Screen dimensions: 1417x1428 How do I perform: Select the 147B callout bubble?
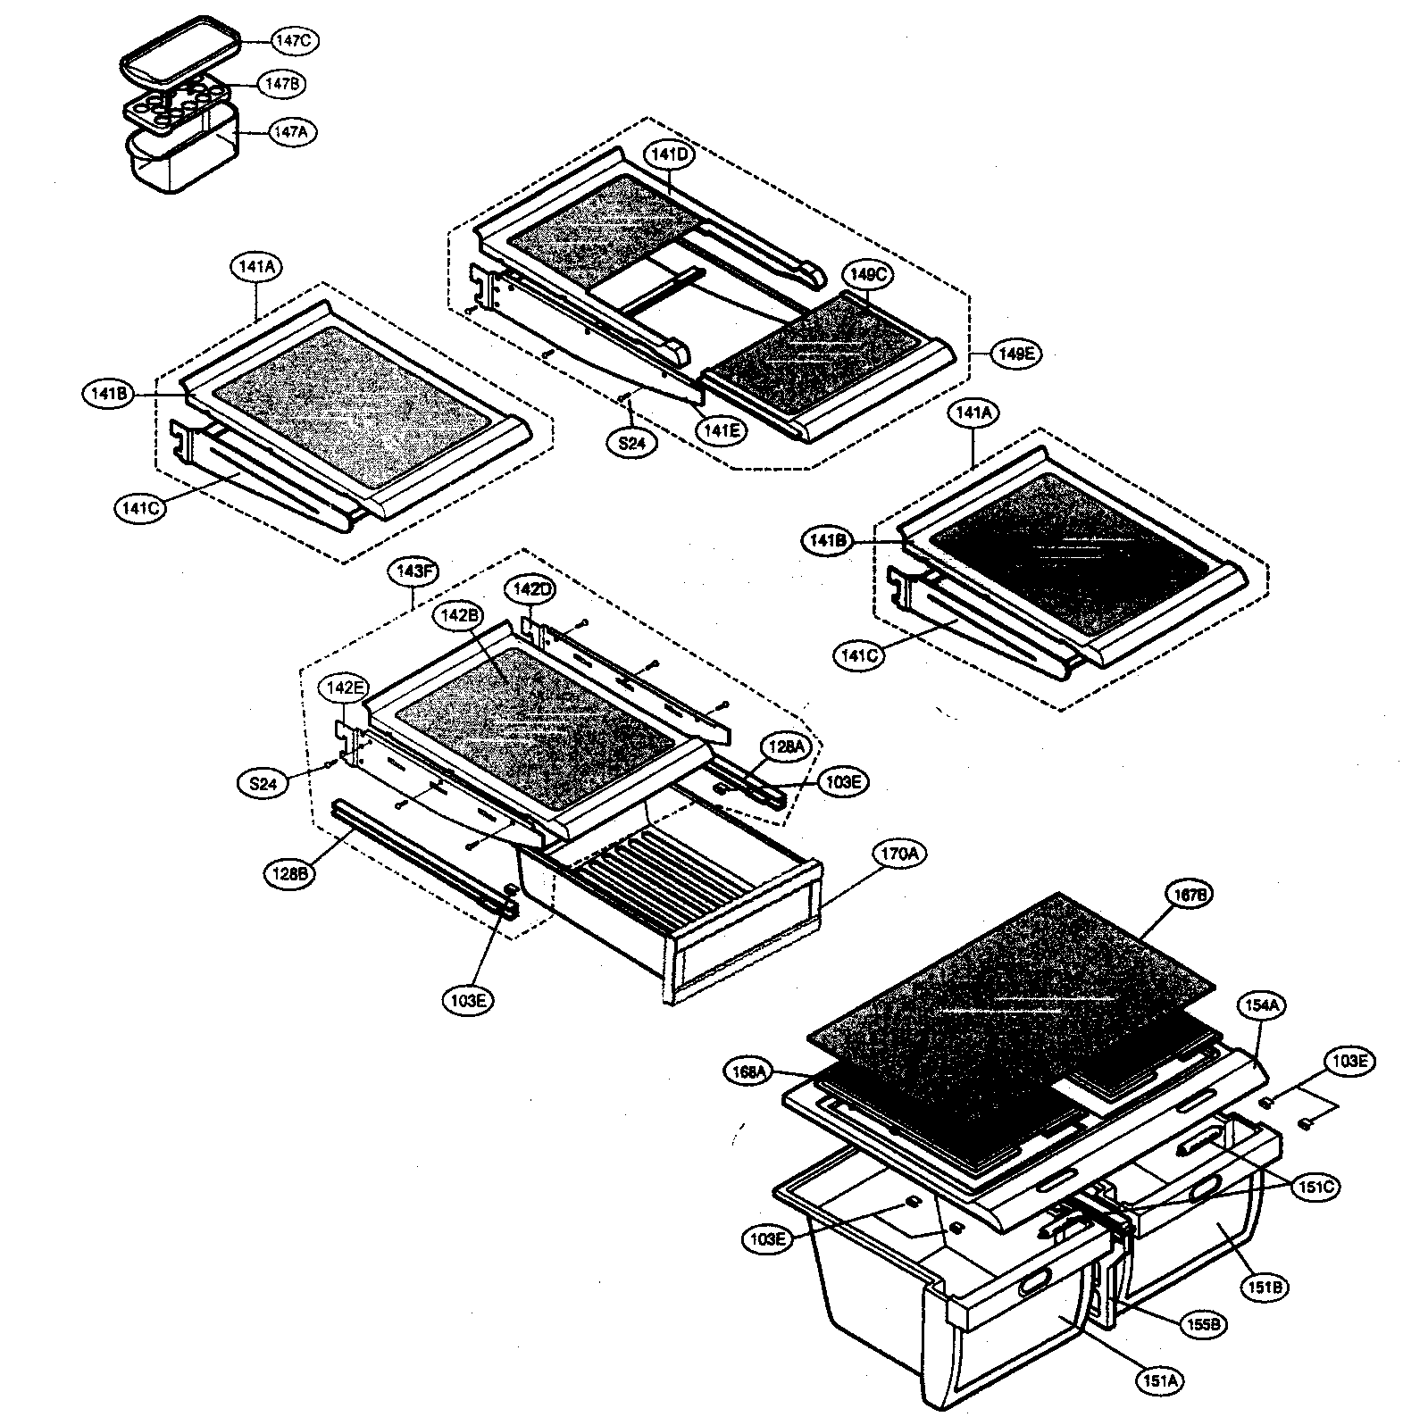pos(282,84)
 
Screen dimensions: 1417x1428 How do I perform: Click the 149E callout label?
pos(1015,354)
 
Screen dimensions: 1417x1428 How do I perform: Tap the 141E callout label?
pos(719,431)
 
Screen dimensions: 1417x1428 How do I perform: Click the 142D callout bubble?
pos(533,588)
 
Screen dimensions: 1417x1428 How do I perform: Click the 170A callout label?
pos(902,854)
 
